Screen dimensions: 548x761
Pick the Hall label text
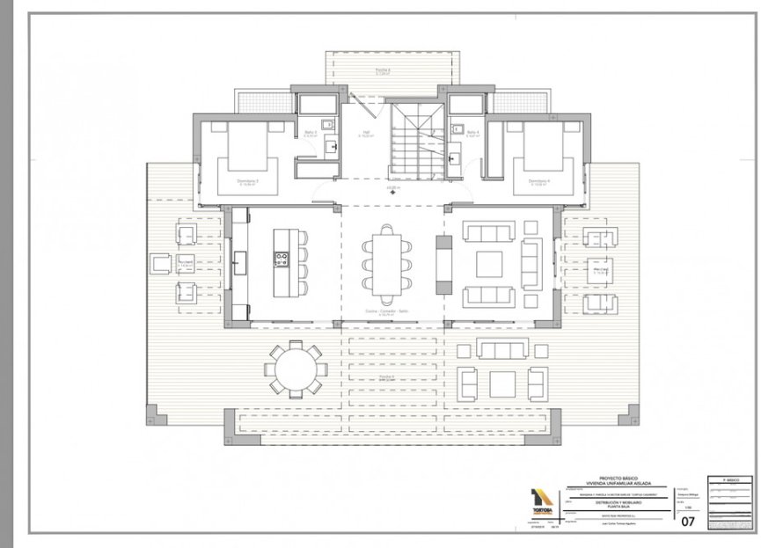(364, 135)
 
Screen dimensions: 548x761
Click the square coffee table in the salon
(489, 264)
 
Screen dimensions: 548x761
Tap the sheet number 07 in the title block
(690, 519)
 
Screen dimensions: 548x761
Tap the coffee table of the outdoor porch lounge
(502, 384)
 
